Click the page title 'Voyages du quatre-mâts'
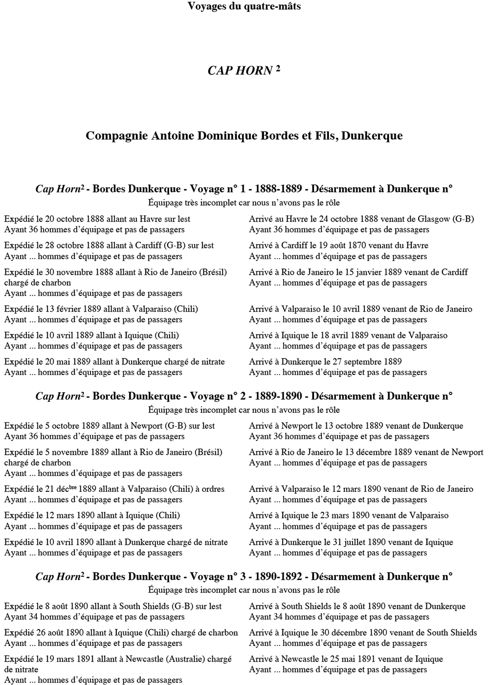244,6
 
